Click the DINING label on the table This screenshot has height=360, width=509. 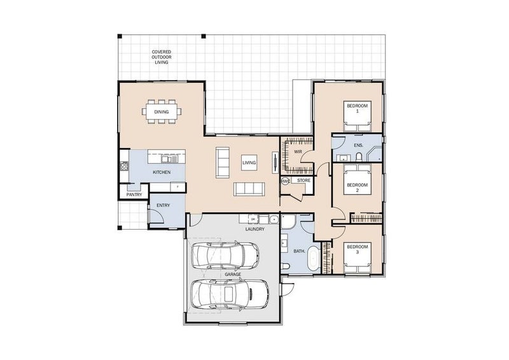[162, 112]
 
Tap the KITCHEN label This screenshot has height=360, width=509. [162, 172]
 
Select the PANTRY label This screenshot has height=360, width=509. [134, 195]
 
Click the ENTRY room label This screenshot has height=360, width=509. [163, 205]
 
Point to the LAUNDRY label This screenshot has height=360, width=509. [255, 229]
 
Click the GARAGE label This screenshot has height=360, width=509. [233, 275]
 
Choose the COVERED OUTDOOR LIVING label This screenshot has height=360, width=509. [162, 57]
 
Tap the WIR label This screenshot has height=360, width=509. [298, 151]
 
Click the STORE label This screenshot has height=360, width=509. [304, 181]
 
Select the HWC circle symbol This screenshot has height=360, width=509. [285, 181]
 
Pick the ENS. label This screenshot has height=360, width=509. [358, 146]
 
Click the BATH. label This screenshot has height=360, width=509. [299, 251]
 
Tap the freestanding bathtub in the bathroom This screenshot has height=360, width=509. [313, 258]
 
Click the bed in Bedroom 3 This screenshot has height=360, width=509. [358, 258]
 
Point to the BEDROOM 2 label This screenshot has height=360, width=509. [358, 188]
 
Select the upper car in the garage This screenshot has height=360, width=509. [226, 255]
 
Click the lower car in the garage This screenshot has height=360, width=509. [230, 294]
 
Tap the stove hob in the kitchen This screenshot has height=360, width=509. [124, 166]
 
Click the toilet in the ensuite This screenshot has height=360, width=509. [359, 158]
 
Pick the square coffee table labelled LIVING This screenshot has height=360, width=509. [249, 163]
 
